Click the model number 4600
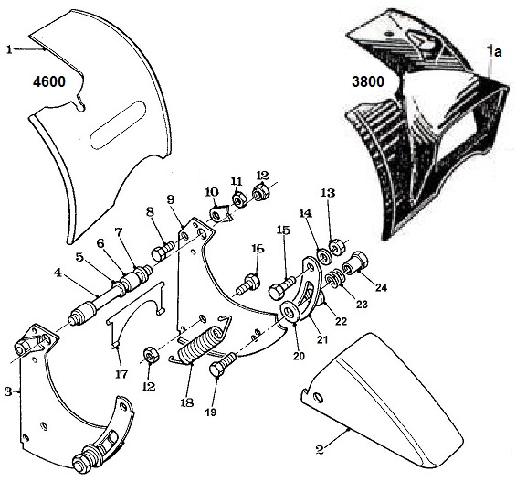[49, 81]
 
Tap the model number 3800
[367, 81]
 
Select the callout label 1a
[494, 52]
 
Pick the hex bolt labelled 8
[163, 251]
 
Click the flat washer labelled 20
[290, 311]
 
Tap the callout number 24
[381, 287]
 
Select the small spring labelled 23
[334, 277]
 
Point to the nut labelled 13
[337, 247]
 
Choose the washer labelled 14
[324, 256]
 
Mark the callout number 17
[121, 375]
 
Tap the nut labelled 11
[237, 199]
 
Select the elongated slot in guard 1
[118, 125]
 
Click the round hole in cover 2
[319, 398]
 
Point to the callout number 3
[8, 392]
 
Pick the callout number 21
[322, 338]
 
